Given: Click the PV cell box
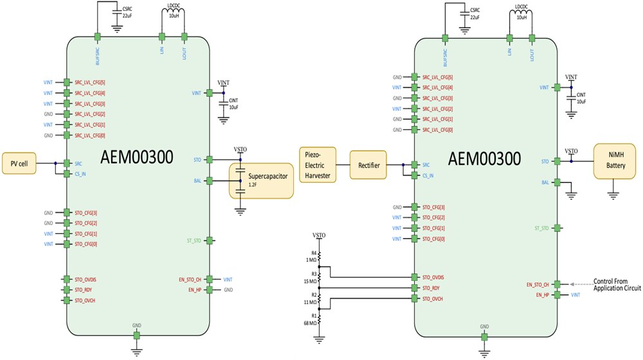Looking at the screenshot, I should point(19,163).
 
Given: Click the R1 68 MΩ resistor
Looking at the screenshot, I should point(320,319).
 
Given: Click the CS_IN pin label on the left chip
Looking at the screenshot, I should point(81,174).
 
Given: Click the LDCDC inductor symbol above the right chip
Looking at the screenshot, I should point(521,22).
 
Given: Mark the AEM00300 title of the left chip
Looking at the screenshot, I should point(136,157).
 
